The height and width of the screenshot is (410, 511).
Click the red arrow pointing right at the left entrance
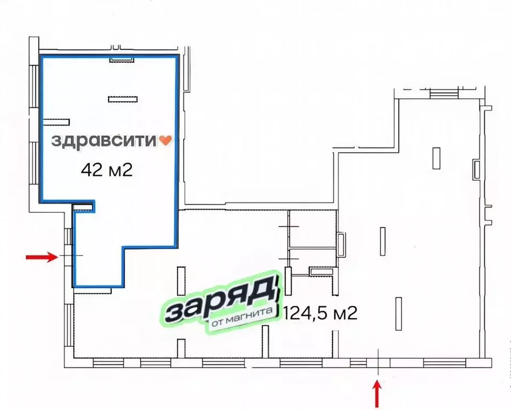[x=42, y=258]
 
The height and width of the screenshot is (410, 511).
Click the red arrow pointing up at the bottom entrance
[x=378, y=392]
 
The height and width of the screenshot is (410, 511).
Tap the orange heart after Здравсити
[x=166, y=141]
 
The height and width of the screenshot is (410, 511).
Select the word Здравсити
[x=105, y=141]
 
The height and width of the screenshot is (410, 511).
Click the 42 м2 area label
[x=106, y=170]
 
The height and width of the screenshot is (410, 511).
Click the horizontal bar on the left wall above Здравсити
[x=57, y=120]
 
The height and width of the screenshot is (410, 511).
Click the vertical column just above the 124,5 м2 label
[x=383, y=241]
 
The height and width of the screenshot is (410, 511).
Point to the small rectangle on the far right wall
[x=476, y=169]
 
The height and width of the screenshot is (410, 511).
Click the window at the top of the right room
[x=444, y=94]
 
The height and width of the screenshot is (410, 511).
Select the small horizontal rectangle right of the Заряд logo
[x=321, y=272]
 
